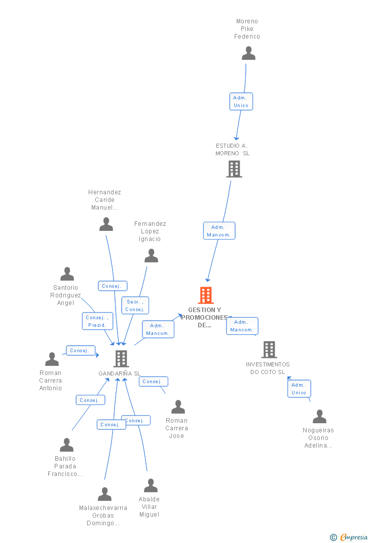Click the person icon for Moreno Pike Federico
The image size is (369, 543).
[x=248, y=53]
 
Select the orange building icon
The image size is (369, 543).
[x=206, y=295]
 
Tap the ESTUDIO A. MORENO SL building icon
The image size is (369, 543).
[x=234, y=169]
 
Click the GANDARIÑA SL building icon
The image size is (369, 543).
[x=121, y=359]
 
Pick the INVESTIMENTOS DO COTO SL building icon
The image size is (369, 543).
[x=269, y=350]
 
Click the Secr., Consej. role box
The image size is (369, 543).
[x=135, y=306]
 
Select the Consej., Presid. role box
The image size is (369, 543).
[x=97, y=321]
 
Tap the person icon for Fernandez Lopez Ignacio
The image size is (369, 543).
[x=151, y=256]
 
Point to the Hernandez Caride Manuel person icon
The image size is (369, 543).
[x=106, y=224]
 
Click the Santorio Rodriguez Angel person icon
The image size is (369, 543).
[x=67, y=274]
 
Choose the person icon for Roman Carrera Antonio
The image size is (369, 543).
[x=52, y=359]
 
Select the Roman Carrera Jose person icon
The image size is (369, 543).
[x=178, y=407]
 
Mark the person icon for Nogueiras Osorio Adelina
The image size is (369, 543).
[x=319, y=417]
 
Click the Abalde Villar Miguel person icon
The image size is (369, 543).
[x=151, y=486]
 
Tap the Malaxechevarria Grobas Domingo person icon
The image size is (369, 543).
[x=104, y=494]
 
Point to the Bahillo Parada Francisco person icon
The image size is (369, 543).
[x=66, y=445]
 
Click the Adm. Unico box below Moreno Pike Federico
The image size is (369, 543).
[x=241, y=101]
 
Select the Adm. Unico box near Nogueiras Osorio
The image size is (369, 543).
[x=299, y=389]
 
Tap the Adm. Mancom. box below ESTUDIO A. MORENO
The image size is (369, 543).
[x=219, y=231]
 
